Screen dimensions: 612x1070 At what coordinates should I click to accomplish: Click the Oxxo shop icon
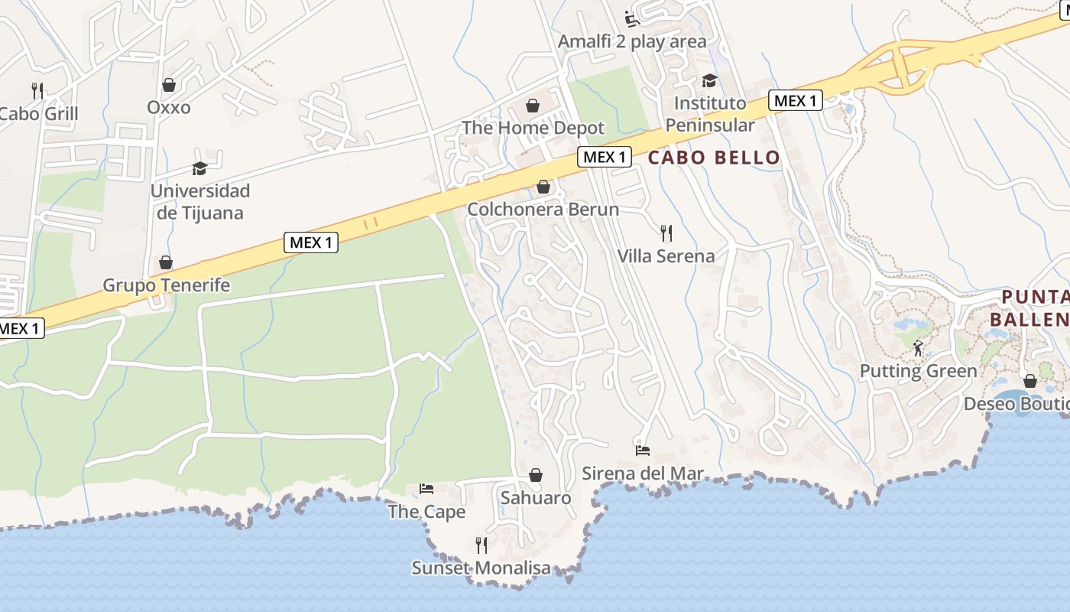[x=168, y=84]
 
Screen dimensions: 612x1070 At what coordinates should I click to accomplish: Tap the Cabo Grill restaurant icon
[x=37, y=90]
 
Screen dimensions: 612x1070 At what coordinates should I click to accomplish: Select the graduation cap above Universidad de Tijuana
[x=199, y=168]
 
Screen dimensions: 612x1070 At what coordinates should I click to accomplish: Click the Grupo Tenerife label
[x=167, y=285]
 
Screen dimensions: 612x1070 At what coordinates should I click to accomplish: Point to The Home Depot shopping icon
[x=533, y=106]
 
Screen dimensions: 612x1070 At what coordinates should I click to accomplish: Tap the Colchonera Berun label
[x=543, y=209]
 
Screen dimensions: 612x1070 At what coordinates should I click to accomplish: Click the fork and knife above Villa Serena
[x=666, y=233]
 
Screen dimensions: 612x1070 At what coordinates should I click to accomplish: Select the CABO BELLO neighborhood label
[x=714, y=158]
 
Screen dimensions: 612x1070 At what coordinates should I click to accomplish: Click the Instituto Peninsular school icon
[x=709, y=80]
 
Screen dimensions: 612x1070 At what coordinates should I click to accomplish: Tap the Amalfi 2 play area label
[x=632, y=41]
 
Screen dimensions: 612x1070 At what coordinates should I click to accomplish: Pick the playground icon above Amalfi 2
[x=632, y=18]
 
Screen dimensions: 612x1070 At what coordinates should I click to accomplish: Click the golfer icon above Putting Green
[x=918, y=348]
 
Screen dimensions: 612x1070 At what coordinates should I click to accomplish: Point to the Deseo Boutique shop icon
[x=1029, y=380]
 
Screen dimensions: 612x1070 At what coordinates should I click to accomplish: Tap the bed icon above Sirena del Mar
[x=642, y=450]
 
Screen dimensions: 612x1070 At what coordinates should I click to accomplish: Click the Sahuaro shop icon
[x=536, y=475]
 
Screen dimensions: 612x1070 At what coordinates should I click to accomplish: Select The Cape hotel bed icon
[x=426, y=488]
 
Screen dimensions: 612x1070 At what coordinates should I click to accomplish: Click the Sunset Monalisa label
[x=481, y=568]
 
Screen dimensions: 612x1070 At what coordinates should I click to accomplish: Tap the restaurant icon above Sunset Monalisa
[x=481, y=545]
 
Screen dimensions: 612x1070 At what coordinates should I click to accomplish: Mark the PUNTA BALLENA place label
[x=1035, y=308]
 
